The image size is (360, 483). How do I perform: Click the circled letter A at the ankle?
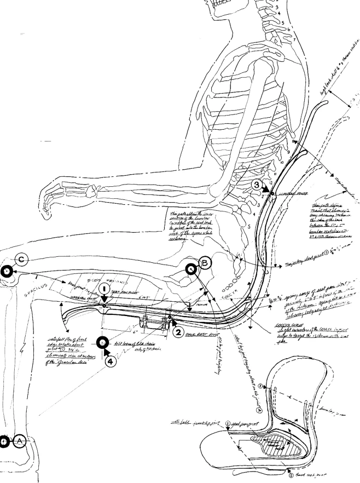pyautogui.click(x=20, y=441)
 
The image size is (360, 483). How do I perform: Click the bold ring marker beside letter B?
pyautogui.click(x=191, y=269)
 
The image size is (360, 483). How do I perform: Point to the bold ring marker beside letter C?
pyautogui.click(x=5, y=271)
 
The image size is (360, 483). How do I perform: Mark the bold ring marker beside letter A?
pyautogui.click(x=4, y=441)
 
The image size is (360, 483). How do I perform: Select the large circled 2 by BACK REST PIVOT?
pyautogui.click(x=178, y=331)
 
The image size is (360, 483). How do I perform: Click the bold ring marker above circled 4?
pyautogui.click(x=102, y=343)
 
